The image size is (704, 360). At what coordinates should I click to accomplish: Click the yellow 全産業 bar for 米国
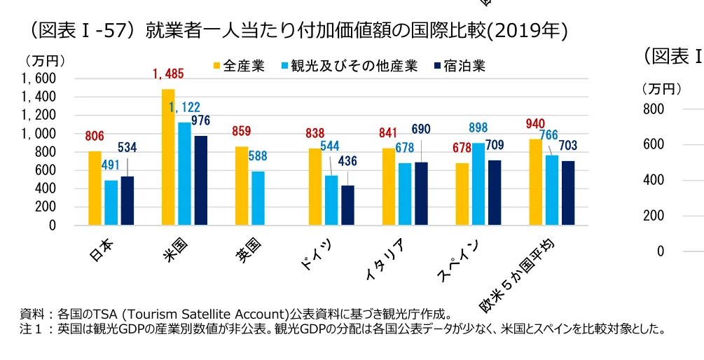(x=168, y=158)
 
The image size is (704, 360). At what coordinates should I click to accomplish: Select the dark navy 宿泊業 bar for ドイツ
(x=347, y=205)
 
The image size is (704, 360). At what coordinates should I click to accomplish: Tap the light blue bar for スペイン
(x=478, y=184)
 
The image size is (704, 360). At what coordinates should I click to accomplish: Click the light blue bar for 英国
(x=258, y=198)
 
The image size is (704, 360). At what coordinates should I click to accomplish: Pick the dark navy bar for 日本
(x=127, y=201)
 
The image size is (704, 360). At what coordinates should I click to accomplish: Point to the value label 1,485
(x=169, y=74)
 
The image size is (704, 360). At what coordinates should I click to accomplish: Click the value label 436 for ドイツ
(x=347, y=161)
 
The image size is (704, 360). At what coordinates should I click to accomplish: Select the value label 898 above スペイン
(x=478, y=127)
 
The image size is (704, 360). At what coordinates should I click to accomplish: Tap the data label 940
(x=535, y=124)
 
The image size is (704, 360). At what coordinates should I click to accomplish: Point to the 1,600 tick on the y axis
(x=39, y=78)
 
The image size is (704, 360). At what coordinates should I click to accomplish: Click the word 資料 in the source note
(x=32, y=313)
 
